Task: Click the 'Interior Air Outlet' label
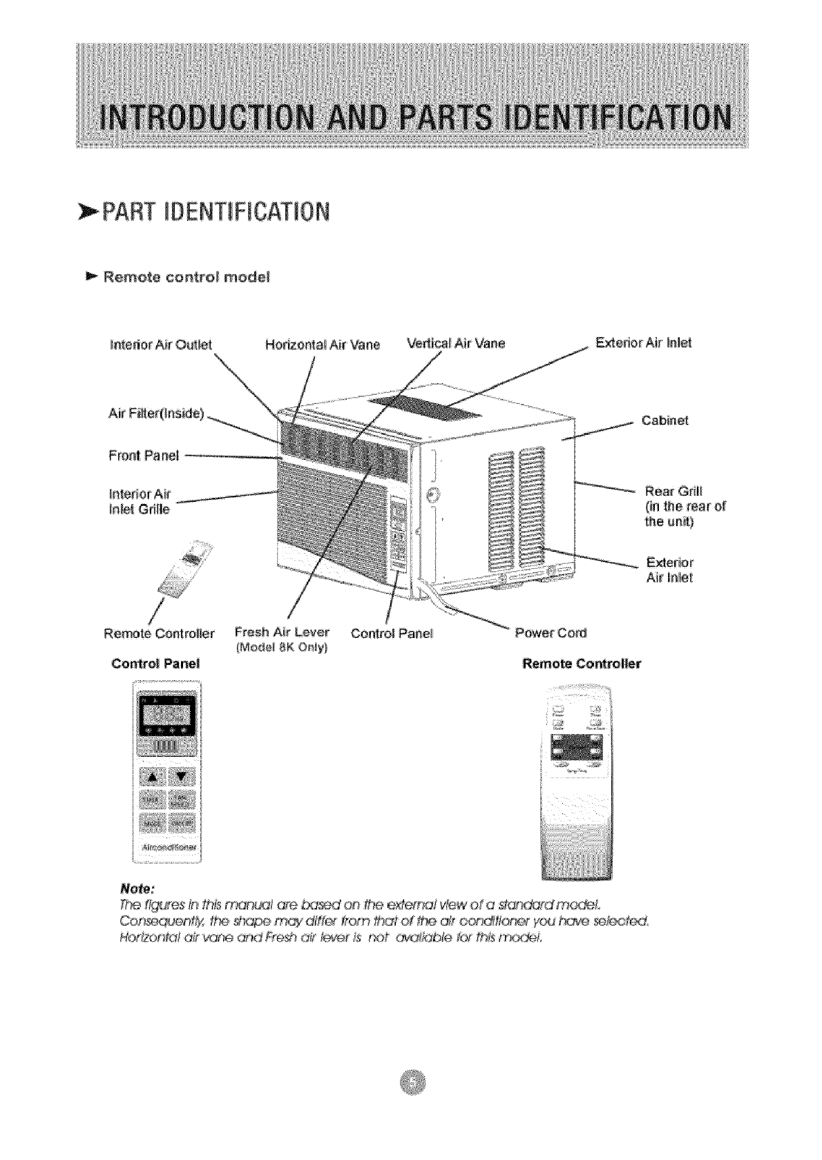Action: pos(160,344)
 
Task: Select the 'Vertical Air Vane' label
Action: pos(456,343)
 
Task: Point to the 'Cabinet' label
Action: pos(665,420)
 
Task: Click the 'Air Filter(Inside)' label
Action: pos(156,414)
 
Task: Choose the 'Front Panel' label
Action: pos(144,455)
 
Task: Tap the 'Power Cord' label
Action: pos(551,632)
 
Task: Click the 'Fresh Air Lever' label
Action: pos(282,632)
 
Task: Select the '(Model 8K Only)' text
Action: pos(282,648)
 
